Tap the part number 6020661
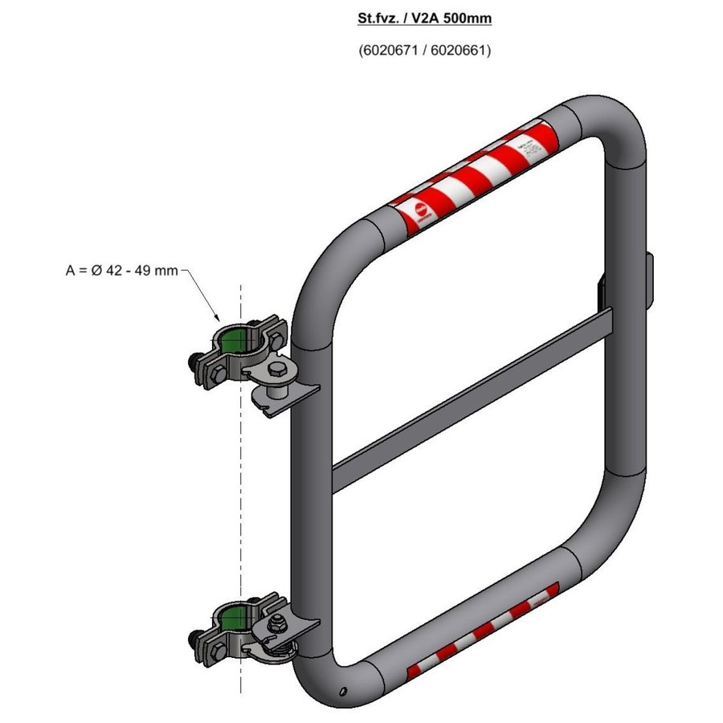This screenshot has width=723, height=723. (460, 50)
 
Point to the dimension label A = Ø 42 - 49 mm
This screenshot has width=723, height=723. (121, 271)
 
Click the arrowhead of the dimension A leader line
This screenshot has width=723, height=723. (219, 319)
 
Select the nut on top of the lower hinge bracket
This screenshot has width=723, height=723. (276, 620)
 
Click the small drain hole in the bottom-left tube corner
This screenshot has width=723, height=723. (343, 690)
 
